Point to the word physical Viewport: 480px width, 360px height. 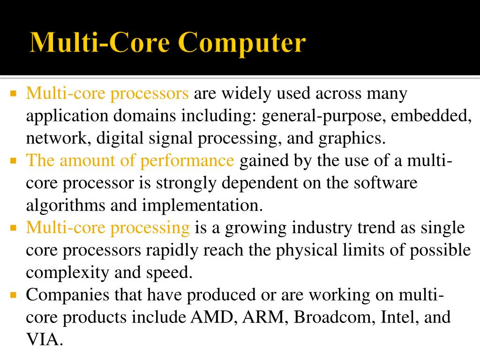pos(305,250)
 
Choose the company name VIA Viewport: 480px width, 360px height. pos(43,339)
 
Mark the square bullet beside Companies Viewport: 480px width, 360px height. pos(13,295)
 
